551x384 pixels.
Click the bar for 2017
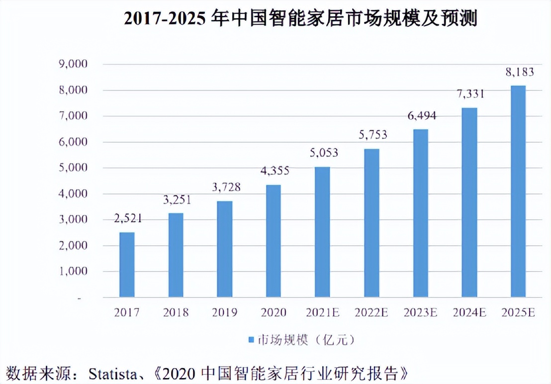(127, 265)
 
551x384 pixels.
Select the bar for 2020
(273, 241)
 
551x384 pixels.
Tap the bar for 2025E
(518, 192)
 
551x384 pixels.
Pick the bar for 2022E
(371, 223)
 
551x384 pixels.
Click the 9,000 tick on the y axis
(73, 64)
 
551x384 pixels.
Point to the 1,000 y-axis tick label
(73, 272)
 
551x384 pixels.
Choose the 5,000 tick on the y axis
(73, 168)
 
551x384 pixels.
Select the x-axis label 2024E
(469, 313)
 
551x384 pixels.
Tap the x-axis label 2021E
(322, 313)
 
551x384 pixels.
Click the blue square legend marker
(251, 340)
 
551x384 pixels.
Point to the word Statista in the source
(110, 373)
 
